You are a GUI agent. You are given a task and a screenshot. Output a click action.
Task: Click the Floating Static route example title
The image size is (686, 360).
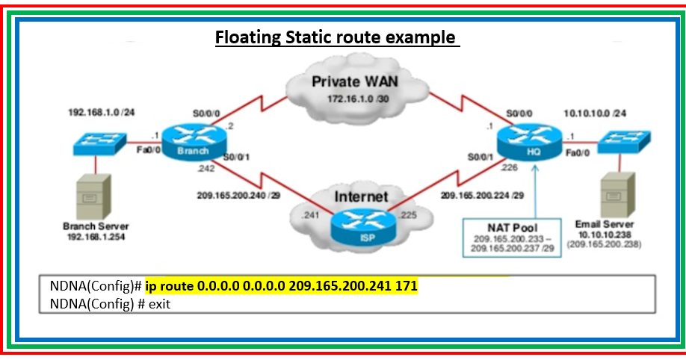(336, 37)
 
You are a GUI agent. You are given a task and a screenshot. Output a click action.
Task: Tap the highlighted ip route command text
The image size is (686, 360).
(276, 286)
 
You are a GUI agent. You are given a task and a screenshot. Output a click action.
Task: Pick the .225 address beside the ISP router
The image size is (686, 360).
(407, 215)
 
